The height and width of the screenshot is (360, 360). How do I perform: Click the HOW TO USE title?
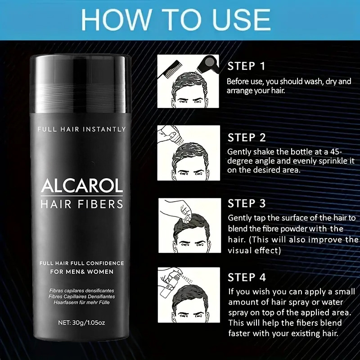(180, 19)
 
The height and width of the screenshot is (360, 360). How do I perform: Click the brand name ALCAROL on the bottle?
(81, 186)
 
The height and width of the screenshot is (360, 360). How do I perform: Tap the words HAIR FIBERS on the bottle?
(81, 204)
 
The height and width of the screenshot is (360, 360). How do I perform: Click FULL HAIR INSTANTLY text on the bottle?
(81, 129)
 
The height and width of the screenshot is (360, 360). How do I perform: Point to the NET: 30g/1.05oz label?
(81, 322)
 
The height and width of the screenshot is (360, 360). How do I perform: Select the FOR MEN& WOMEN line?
(81, 272)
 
